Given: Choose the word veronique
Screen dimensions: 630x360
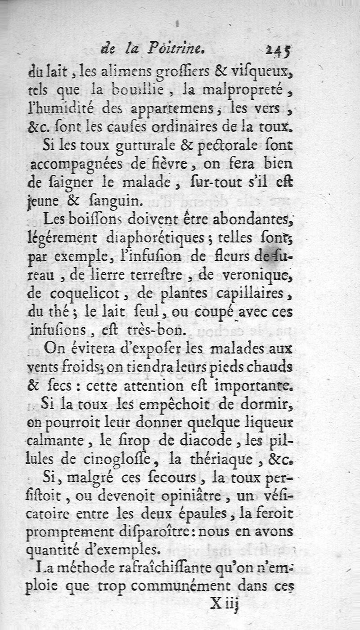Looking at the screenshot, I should [x=260, y=275].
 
